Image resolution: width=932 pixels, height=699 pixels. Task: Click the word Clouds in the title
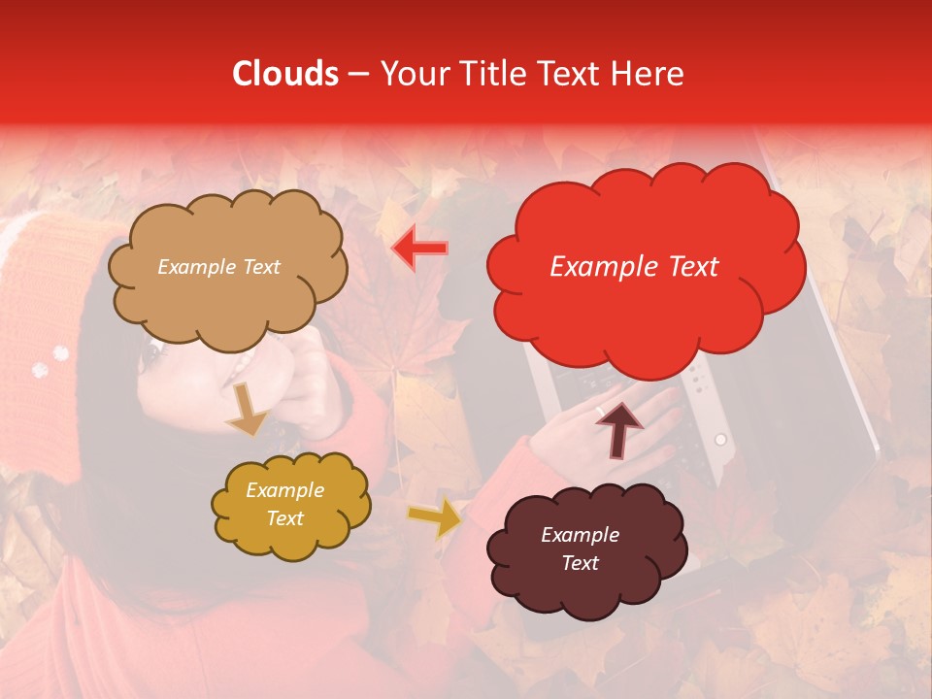point(285,74)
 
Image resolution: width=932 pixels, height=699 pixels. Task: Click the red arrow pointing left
point(419,248)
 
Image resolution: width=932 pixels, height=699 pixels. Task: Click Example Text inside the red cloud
point(634,267)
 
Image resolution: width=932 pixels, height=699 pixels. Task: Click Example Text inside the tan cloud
point(218,267)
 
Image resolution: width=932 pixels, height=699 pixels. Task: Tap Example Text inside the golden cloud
point(284,505)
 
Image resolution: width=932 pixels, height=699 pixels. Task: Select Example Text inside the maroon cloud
point(580,549)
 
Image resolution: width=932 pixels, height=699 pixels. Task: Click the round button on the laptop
point(720,440)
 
